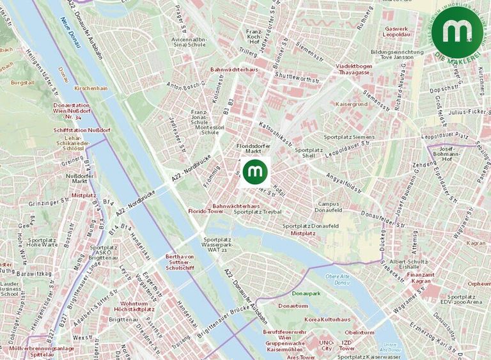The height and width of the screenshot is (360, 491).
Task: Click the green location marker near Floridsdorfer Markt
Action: [x=256, y=171]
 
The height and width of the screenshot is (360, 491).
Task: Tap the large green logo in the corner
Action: [x=457, y=31]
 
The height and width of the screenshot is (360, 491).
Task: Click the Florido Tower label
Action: [x=205, y=210]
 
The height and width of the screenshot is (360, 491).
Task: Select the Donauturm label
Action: [x=293, y=306]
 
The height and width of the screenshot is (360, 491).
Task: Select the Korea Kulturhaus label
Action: [x=327, y=319]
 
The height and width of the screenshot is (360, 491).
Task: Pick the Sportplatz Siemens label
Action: [x=349, y=137]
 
